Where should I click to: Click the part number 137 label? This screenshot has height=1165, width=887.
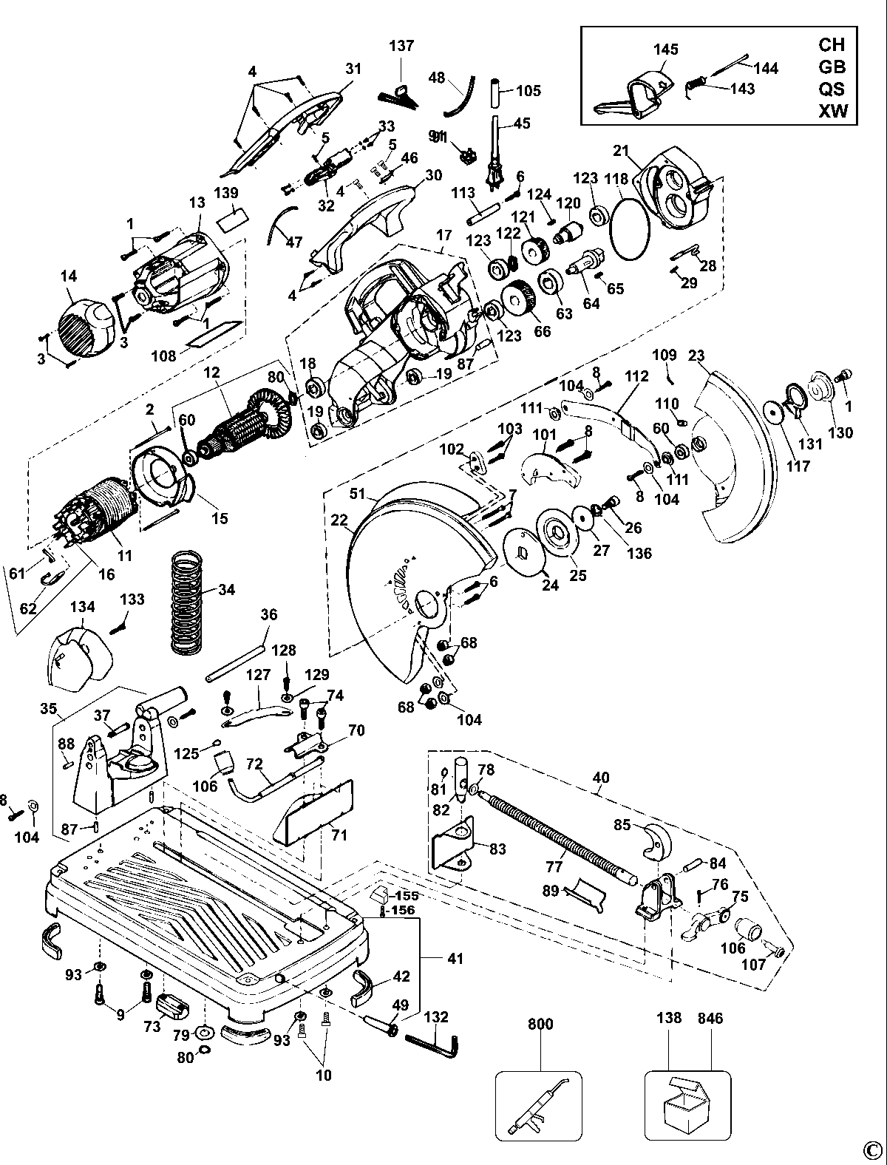point(401,46)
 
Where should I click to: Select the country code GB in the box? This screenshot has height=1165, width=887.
point(832,67)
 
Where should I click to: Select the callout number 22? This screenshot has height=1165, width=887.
point(339,520)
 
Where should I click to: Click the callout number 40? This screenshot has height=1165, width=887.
point(601,778)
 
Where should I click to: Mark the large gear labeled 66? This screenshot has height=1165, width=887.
point(517,299)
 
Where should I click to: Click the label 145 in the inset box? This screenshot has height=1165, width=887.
point(665,49)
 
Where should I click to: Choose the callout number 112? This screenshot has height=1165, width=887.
point(636,376)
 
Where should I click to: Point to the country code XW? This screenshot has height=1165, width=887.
point(832,111)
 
